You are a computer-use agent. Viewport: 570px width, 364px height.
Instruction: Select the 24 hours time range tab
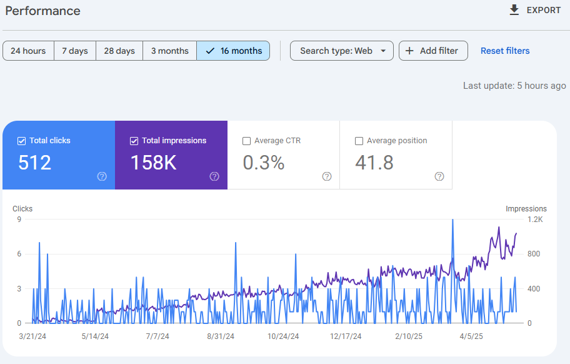[28, 51]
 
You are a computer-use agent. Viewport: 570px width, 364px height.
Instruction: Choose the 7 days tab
[75, 51]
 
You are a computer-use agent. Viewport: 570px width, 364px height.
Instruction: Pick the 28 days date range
[119, 51]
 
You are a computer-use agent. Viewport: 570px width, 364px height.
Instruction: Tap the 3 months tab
[169, 51]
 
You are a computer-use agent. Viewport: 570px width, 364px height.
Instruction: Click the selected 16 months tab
[233, 51]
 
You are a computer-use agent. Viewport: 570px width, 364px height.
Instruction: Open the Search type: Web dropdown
[341, 51]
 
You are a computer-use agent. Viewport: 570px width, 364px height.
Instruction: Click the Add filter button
[433, 51]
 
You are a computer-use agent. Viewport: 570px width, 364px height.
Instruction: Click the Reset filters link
[505, 51]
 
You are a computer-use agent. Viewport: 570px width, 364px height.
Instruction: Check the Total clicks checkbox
[22, 141]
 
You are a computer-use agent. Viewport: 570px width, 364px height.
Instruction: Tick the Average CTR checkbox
[246, 141]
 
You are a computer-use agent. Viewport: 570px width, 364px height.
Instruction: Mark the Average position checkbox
[359, 141]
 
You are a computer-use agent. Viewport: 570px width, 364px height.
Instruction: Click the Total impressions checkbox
[134, 141]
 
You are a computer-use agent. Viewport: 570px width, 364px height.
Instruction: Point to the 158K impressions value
[153, 163]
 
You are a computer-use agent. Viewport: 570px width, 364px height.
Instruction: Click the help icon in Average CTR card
[327, 176]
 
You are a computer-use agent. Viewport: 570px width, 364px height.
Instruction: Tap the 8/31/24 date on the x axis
[221, 336]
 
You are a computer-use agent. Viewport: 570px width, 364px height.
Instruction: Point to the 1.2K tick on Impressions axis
[534, 220]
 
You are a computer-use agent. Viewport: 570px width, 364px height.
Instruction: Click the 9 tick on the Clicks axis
[19, 220]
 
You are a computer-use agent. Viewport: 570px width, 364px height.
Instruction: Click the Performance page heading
[43, 11]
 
